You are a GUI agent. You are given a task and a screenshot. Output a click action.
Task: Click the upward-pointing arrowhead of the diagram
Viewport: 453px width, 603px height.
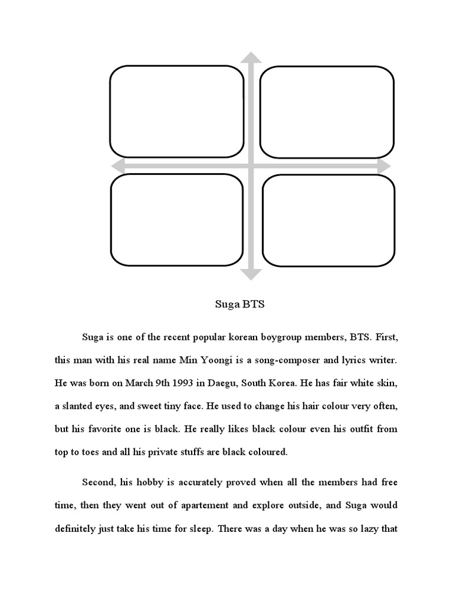[252, 57]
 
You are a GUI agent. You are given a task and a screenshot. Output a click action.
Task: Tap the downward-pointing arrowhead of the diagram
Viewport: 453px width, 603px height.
[252, 273]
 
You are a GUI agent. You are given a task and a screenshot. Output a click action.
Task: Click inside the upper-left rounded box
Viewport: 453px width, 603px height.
[176, 111]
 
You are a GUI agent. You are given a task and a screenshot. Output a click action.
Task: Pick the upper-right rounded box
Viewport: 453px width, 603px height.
[327, 112]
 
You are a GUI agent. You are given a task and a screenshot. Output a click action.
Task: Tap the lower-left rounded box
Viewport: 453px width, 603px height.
[176, 220]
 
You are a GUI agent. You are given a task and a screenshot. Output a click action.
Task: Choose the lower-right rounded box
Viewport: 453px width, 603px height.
[329, 220]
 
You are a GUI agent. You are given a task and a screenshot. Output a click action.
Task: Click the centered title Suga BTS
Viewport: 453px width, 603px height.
[239, 305]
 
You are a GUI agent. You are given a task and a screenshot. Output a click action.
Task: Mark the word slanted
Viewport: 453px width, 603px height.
[84, 406]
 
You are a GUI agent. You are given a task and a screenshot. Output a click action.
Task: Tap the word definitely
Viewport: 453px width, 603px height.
[81, 529]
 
